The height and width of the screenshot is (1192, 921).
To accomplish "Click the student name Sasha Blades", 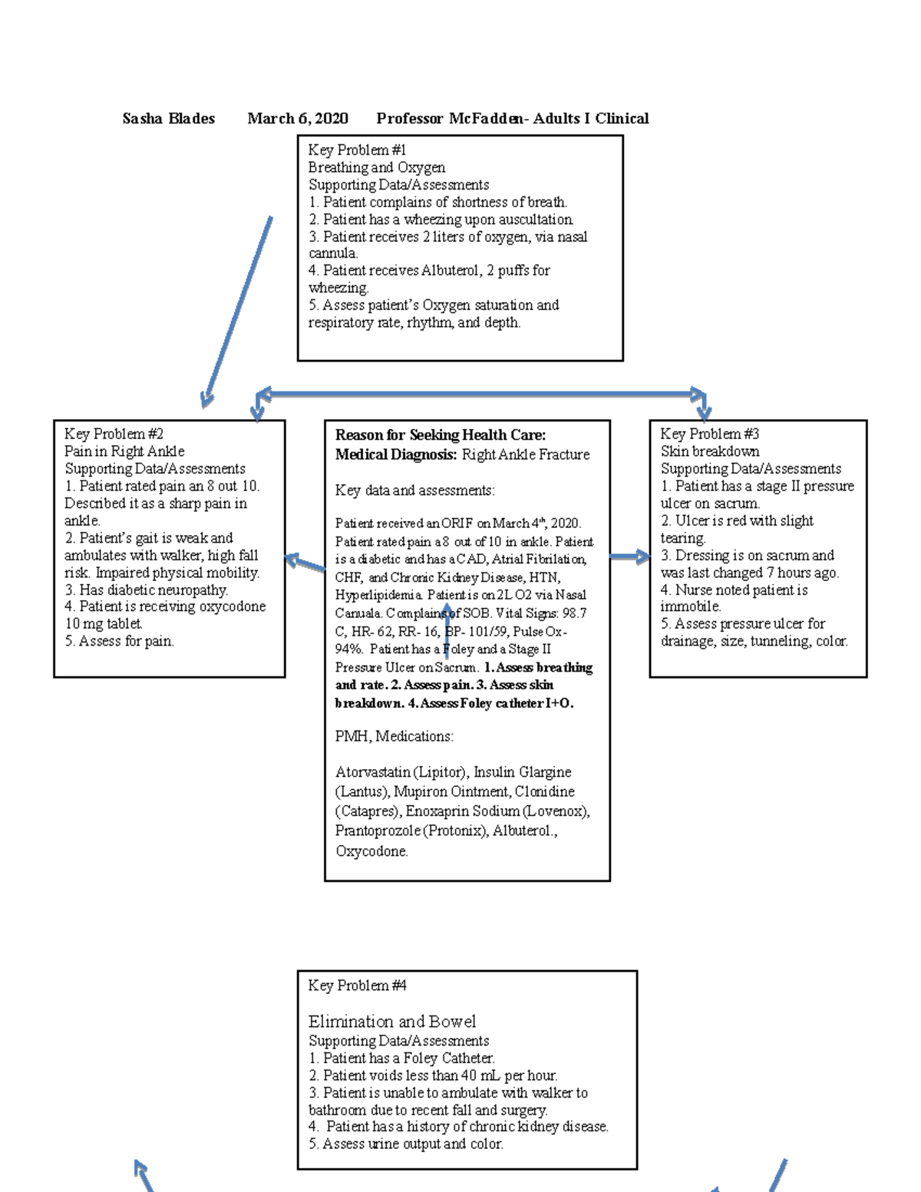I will point(168,118).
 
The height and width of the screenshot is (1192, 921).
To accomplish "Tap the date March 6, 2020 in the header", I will point(297,118).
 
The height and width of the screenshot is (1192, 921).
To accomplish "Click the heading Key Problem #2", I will point(114,434).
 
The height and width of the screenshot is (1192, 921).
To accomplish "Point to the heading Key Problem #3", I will point(709,434).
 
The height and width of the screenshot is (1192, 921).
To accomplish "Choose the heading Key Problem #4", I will point(357,986).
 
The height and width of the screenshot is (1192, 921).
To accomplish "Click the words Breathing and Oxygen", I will point(376,167).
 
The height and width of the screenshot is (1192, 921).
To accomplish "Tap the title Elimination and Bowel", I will point(391,1022).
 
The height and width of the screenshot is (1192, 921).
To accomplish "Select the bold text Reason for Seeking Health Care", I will point(440,435).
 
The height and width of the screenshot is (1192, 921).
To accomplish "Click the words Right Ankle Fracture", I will point(525,454).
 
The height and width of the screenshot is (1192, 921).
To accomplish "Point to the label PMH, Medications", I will point(394,736).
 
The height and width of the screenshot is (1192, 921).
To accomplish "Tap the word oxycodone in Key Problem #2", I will point(232,606).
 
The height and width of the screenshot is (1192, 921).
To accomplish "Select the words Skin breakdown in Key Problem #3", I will point(709,451).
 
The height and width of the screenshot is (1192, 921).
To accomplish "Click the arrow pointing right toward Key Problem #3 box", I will point(630,557).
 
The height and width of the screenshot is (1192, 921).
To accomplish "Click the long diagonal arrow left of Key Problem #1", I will point(237,311).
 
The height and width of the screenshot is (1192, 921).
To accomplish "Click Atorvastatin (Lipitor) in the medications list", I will point(400,772).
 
